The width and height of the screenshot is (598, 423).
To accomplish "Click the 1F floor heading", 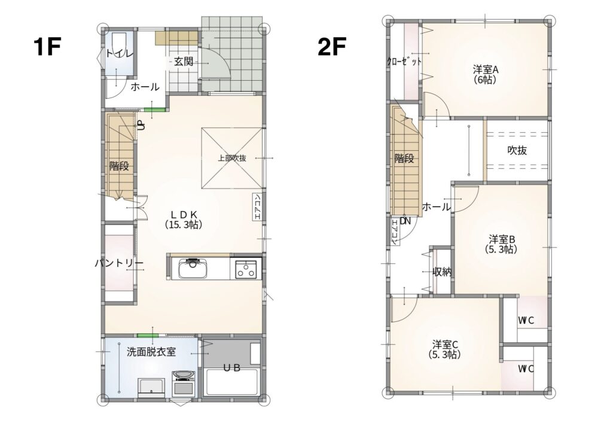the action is pos(47,47).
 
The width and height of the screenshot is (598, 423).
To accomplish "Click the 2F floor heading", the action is pos(332,47).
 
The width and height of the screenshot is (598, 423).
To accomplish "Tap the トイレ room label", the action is pos(120,53).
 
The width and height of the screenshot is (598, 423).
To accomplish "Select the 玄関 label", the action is pos(184,62).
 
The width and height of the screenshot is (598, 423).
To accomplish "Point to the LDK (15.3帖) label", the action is pos(184,220).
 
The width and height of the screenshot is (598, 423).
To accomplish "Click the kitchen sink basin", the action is pos(193,269).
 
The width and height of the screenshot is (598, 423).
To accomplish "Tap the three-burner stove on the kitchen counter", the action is pos(245,269).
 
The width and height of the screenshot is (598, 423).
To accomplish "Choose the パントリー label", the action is pos(119,264).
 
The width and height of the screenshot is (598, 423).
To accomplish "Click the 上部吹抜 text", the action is pos(232,158).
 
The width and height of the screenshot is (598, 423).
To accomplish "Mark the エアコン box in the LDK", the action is pos(257,207).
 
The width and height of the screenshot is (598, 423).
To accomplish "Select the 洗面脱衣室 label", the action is pos(151,352).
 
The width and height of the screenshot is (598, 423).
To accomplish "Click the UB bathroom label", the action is pos(231,368).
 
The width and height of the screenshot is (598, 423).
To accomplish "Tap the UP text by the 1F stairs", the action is pos(141,124).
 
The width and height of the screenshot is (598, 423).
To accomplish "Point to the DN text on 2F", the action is pos(405,221).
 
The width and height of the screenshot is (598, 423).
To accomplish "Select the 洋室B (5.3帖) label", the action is pos(502,244).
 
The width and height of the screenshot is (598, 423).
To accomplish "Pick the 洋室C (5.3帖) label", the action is pos(445,349).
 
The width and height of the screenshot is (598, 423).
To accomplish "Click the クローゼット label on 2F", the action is pos(404,62).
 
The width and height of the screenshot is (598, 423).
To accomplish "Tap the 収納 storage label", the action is pos(442,272).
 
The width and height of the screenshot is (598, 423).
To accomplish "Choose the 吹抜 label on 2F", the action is pos(517,150).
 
